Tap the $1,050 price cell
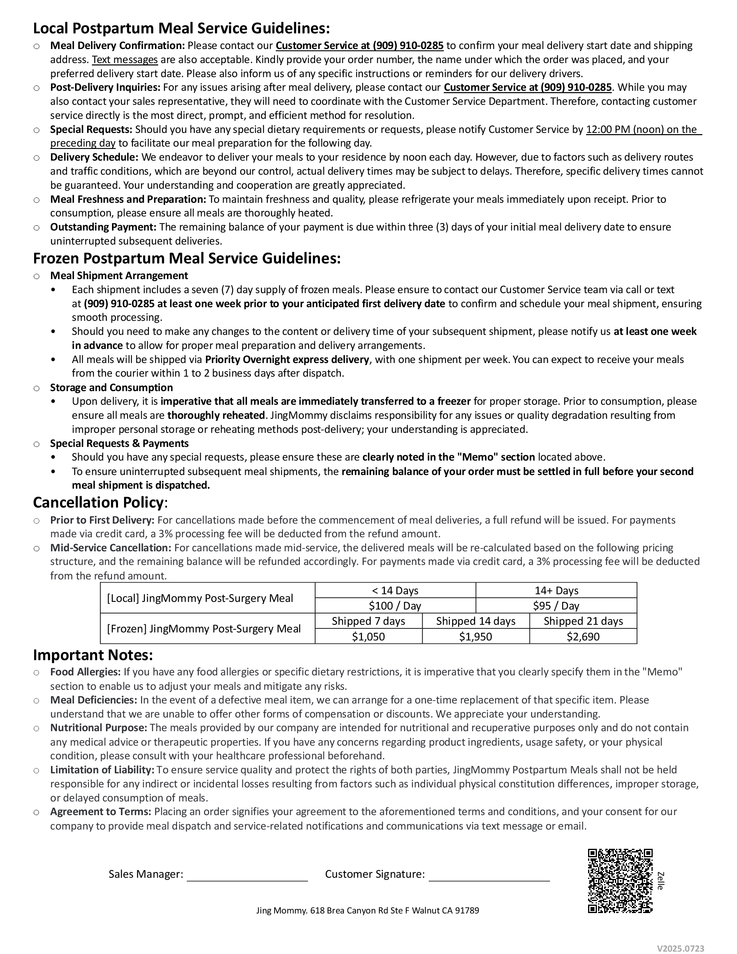point(368,636)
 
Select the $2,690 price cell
point(583,636)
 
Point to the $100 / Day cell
point(395,605)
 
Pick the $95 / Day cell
point(556,605)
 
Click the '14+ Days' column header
point(556,590)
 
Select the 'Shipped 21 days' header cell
point(583,621)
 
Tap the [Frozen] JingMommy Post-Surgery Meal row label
point(204,629)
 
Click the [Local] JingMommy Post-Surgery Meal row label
point(200,598)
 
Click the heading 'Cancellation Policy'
point(98,502)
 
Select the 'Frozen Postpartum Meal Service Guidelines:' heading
point(186,258)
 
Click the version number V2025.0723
point(681,945)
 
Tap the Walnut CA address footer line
point(367,910)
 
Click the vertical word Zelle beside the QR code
point(661,881)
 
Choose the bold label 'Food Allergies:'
point(85,672)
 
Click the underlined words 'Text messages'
point(124,59)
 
